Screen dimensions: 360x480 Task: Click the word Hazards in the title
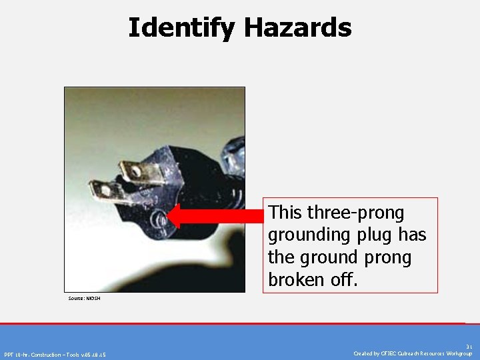[x=297, y=28]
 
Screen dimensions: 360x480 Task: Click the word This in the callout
[x=285, y=213]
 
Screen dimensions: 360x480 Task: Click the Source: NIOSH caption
[x=84, y=298]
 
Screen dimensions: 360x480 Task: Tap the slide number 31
[x=469, y=347]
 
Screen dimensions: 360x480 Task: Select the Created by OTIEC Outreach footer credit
[x=413, y=353]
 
